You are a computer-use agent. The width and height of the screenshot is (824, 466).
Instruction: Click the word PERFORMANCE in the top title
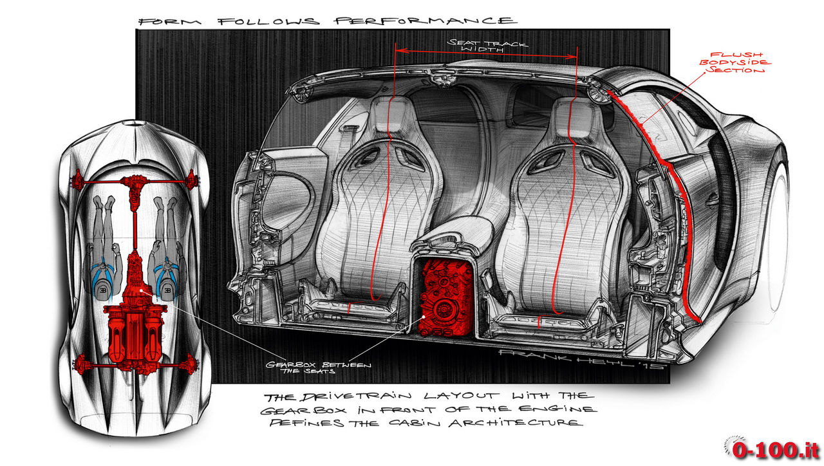[x=426, y=21]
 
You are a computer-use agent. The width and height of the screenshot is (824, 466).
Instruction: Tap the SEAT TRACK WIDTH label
[x=487, y=46]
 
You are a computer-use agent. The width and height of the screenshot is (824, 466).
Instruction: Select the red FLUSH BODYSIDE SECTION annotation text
[x=735, y=63]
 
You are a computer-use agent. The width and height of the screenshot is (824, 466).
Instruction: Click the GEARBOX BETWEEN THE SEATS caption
[x=318, y=368]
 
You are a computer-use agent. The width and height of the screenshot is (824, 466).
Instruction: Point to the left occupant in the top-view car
[x=104, y=250]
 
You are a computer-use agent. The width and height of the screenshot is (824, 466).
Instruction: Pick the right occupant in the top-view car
[x=167, y=250]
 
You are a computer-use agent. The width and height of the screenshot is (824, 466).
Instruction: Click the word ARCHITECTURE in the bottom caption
[x=516, y=423]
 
